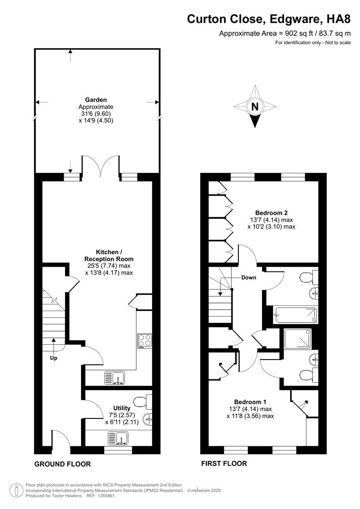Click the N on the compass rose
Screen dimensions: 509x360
coord(255,107)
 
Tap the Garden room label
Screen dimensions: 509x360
coord(96,100)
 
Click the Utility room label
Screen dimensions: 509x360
coord(122,408)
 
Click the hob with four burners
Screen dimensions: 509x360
coord(144,341)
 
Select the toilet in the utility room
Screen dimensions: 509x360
coord(141,402)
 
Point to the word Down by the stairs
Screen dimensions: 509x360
coord(249,278)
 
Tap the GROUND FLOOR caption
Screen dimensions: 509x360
coord(62,464)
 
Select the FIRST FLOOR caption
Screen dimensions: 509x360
coord(224,464)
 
